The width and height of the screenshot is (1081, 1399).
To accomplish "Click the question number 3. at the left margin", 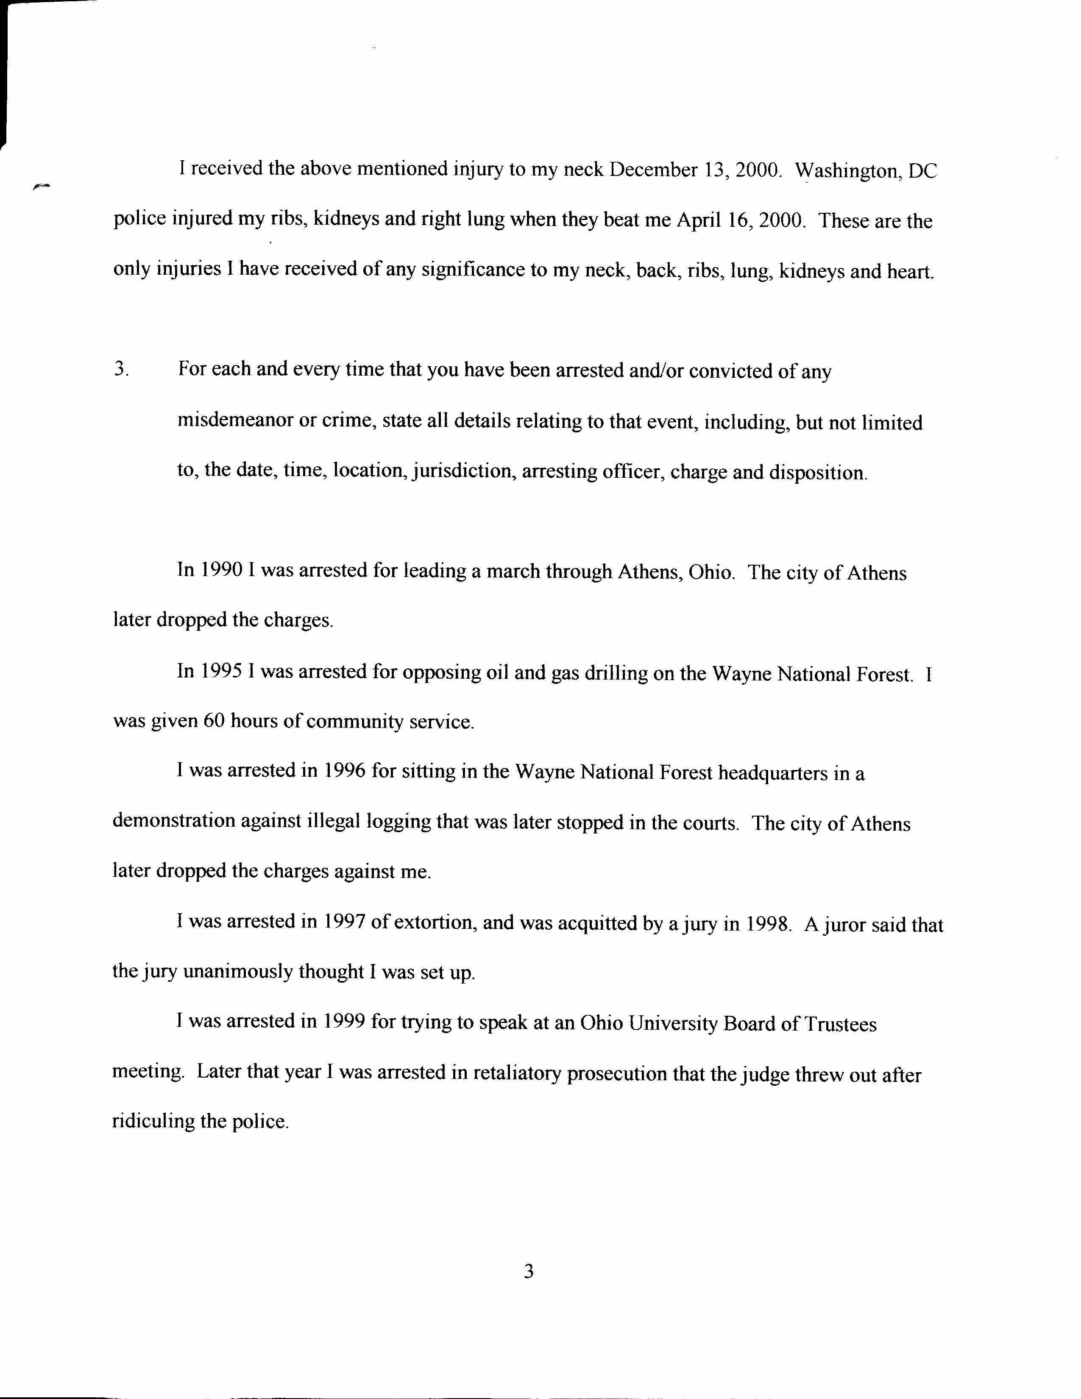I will pyautogui.click(x=122, y=370).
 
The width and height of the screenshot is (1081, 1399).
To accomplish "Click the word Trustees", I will pyautogui.click(x=840, y=1024).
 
